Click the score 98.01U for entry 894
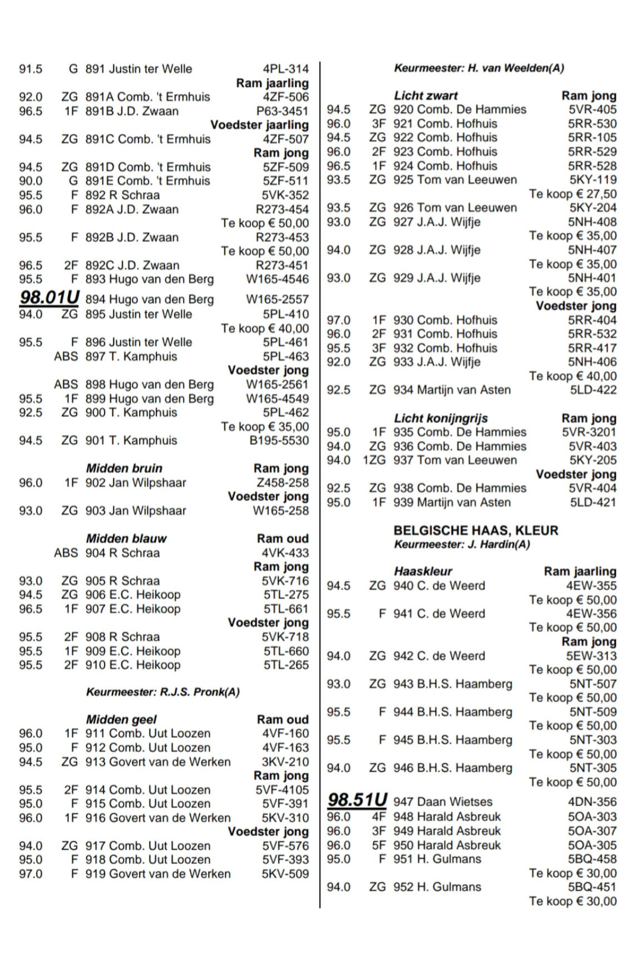point(50,298)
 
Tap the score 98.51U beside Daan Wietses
point(357,800)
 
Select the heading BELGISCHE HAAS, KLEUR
point(476,531)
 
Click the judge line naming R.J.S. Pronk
point(162,692)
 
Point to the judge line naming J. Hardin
point(462,544)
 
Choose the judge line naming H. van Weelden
point(479,68)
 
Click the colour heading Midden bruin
point(124,468)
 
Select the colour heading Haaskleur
point(423,571)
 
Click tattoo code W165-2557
point(277,300)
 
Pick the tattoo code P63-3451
point(282,111)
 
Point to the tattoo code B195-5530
point(279,440)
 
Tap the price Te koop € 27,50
point(572,194)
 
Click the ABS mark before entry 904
point(66,553)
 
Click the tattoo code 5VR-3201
point(589,432)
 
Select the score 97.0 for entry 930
point(339,320)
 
